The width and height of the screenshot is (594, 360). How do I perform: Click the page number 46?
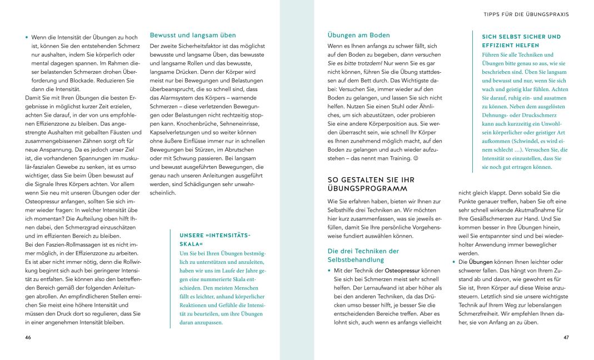[28, 338]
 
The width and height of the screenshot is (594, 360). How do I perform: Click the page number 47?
[566, 338]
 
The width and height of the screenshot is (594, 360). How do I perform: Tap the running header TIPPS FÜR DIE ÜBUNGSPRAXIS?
[527, 14]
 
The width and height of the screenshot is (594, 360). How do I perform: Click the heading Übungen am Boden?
[359, 35]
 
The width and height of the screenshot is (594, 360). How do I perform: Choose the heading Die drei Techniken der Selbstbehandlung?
[363, 256]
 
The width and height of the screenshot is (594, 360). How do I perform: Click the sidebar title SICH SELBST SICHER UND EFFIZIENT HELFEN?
[521, 41]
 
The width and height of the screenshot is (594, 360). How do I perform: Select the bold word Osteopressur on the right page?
[403, 269]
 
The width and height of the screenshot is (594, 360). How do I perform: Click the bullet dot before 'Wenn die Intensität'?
[27, 37]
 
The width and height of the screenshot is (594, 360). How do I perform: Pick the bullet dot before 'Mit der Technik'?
[330, 270]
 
